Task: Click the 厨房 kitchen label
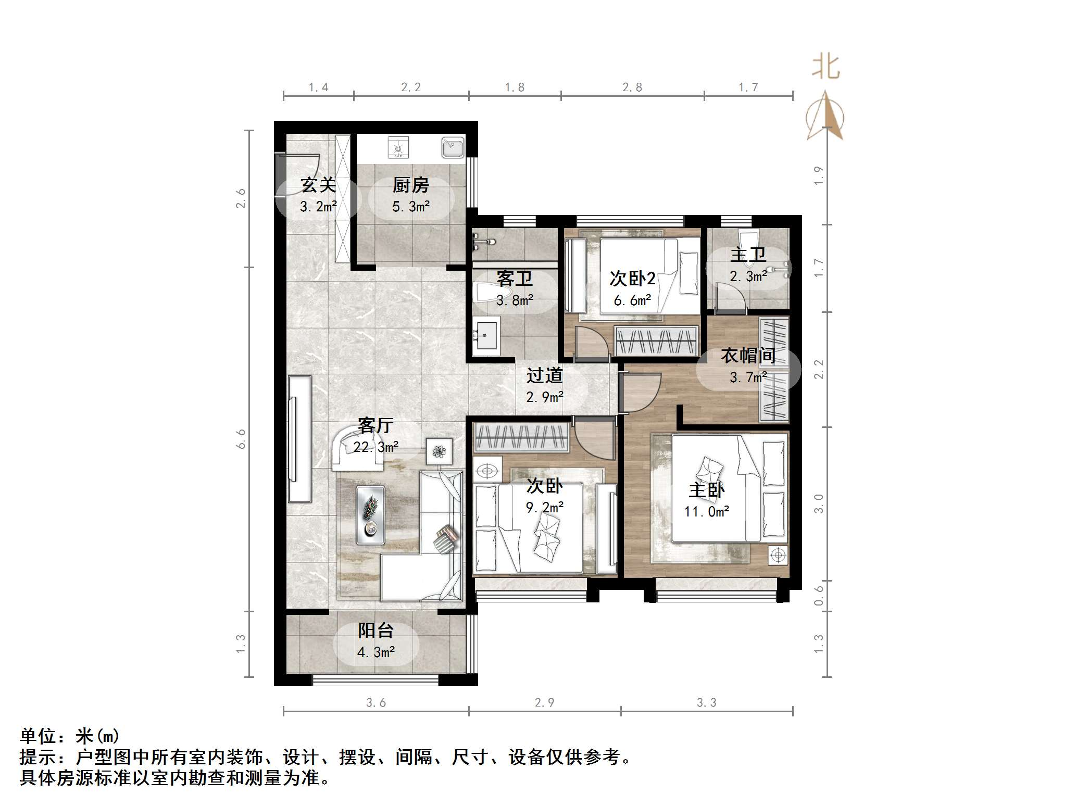pyautogui.click(x=410, y=185)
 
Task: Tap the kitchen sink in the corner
pyautogui.click(x=452, y=147)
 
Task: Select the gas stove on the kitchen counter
pyautogui.click(x=398, y=147)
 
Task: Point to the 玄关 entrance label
pyautogui.click(x=318, y=185)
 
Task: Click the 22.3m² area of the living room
pyautogui.click(x=376, y=447)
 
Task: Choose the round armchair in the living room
pyautogui.click(x=355, y=447)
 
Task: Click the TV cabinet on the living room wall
pyautogui.click(x=299, y=438)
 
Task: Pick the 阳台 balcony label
pyautogui.click(x=376, y=631)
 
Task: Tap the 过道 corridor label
pyautogui.click(x=544, y=375)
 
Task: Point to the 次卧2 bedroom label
pyautogui.click(x=632, y=279)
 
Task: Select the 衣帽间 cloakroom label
pyautogui.click(x=748, y=356)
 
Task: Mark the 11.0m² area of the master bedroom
pyautogui.click(x=706, y=512)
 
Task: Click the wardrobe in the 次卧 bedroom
pyautogui.click(x=520, y=437)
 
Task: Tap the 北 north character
pyautogui.click(x=825, y=68)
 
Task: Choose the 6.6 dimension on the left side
pyautogui.click(x=241, y=439)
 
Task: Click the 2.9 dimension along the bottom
pyautogui.click(x=544, y=702)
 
